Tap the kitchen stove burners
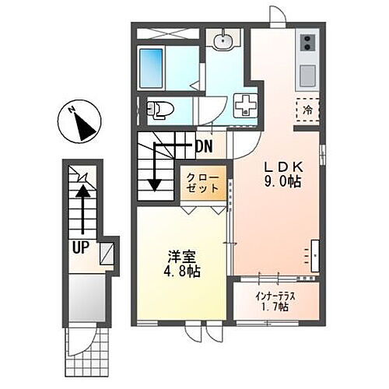pos(307,45)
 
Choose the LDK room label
pos(280,167)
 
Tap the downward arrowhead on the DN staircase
pos(156,184)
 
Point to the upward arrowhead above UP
pos(80,185)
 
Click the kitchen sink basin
pos(307,75)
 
